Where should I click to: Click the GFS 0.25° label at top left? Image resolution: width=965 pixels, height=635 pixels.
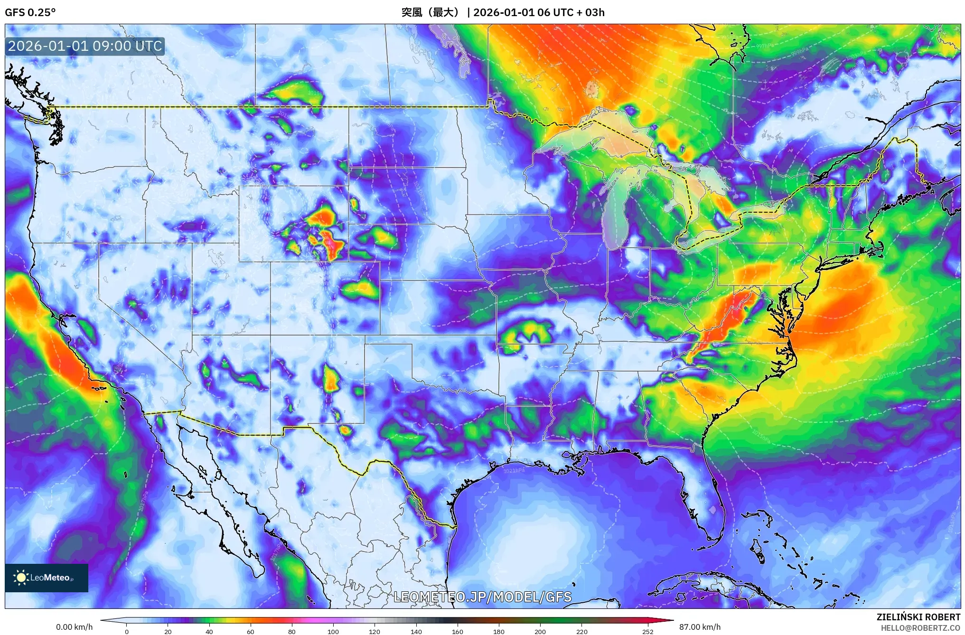30,12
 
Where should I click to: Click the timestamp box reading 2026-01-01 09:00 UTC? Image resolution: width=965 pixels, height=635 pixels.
85,46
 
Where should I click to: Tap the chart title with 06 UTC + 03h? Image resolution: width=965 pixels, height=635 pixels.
503,12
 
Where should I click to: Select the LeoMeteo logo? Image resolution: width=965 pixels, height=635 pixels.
46,578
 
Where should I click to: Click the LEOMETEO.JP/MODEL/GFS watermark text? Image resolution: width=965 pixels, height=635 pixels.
482,597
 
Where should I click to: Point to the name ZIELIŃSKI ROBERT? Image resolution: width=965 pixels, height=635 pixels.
918,617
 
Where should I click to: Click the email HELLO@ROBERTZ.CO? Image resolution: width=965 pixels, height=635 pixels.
920,628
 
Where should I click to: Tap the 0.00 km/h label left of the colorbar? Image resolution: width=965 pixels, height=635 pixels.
74,627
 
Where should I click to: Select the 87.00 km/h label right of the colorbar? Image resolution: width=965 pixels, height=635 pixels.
700,627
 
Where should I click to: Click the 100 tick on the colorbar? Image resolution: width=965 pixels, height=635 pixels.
333,631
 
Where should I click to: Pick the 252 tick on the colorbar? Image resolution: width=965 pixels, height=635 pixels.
647,631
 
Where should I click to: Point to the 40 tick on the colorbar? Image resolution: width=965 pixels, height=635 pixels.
209,631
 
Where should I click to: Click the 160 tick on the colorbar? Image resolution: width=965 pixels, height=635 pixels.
457,631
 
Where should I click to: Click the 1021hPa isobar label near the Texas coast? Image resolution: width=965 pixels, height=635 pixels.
514,470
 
